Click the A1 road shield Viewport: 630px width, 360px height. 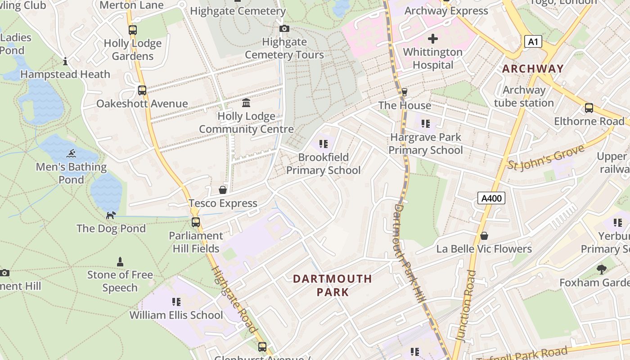[x=533, y=42]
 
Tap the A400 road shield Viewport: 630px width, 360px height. [x=491, y=198]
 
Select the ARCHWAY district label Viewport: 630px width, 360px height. [x=533, y=69]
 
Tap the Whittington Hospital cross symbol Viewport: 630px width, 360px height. [x=432, y=39]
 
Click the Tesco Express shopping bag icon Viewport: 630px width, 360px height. [x=223, y=190]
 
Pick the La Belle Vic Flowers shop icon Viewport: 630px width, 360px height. [x=484, y=236]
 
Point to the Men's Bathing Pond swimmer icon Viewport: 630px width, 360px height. [x=71, y=154]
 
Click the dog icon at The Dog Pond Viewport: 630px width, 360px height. [x=111, y=215]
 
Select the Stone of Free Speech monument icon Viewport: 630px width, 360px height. [x=120, y=261]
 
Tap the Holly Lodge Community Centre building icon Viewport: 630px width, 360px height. [x=246, y=103]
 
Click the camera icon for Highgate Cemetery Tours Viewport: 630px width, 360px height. [x=284, y=29]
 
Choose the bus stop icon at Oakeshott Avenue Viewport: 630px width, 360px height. [x=142, y=90]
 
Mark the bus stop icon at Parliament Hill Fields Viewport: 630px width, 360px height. [x=196, y=222]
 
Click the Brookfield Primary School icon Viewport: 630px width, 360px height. [x=323, y=144]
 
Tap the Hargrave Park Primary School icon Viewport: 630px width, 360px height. [x=425, y=123]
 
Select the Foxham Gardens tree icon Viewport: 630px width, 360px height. [x=602, y=270]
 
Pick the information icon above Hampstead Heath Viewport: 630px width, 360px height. [x=65, y=61]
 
